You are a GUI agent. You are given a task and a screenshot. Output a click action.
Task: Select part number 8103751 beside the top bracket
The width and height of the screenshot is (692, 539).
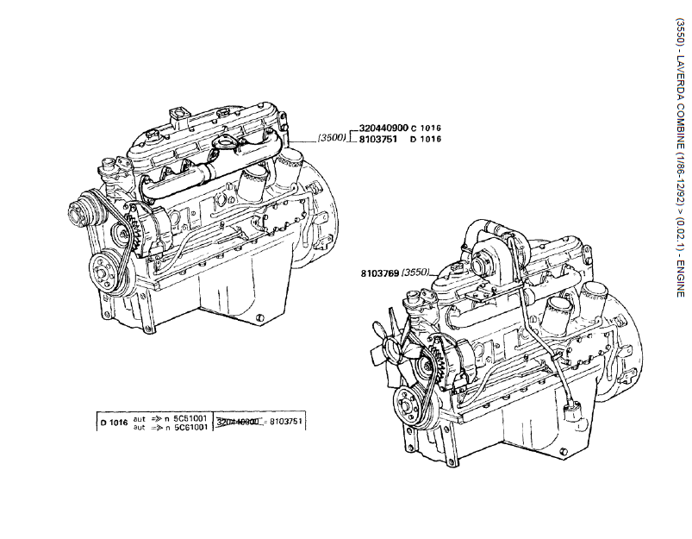(377, 138)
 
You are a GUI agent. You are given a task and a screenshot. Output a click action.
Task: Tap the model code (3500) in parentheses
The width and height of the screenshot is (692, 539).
(332, 137)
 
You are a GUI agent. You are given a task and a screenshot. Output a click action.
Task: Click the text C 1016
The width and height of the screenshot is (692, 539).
(426, 128)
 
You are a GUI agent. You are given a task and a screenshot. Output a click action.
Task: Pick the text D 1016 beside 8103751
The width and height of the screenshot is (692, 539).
(426, 139)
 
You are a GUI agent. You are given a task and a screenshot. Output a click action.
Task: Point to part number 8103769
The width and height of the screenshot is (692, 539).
(379, 250)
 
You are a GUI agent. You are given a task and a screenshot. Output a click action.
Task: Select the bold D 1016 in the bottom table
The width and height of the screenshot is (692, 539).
(114, 422)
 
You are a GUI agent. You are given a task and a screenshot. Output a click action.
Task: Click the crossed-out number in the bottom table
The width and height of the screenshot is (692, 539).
(239, 422)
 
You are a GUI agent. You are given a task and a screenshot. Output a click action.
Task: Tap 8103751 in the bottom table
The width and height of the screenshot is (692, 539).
(286, 422)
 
